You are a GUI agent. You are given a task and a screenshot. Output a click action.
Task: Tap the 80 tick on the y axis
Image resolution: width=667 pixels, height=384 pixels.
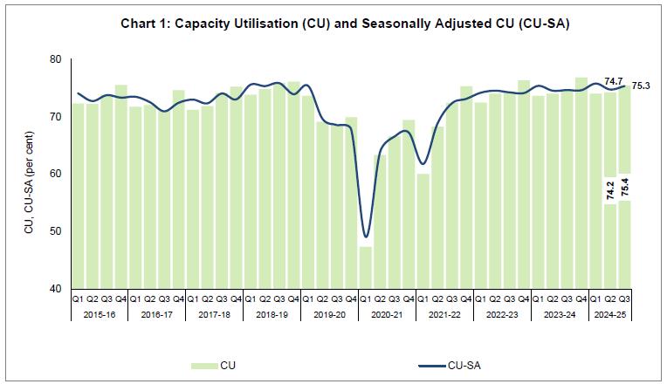coord(56,59)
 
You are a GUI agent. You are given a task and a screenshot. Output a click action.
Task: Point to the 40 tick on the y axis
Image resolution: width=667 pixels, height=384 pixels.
coord(56,289)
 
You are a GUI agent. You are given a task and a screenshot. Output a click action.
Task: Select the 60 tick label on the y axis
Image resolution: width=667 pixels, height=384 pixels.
coord(56,175)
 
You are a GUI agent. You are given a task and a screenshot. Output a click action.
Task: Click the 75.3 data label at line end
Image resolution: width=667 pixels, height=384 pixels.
coord(641,86)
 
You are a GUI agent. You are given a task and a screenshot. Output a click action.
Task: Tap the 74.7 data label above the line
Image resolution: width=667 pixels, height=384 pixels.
coord(614,81)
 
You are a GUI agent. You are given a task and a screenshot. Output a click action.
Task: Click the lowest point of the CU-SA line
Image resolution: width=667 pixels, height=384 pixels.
coord(366,237)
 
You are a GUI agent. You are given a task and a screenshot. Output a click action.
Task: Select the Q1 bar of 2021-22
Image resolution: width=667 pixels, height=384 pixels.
coord(423,230)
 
